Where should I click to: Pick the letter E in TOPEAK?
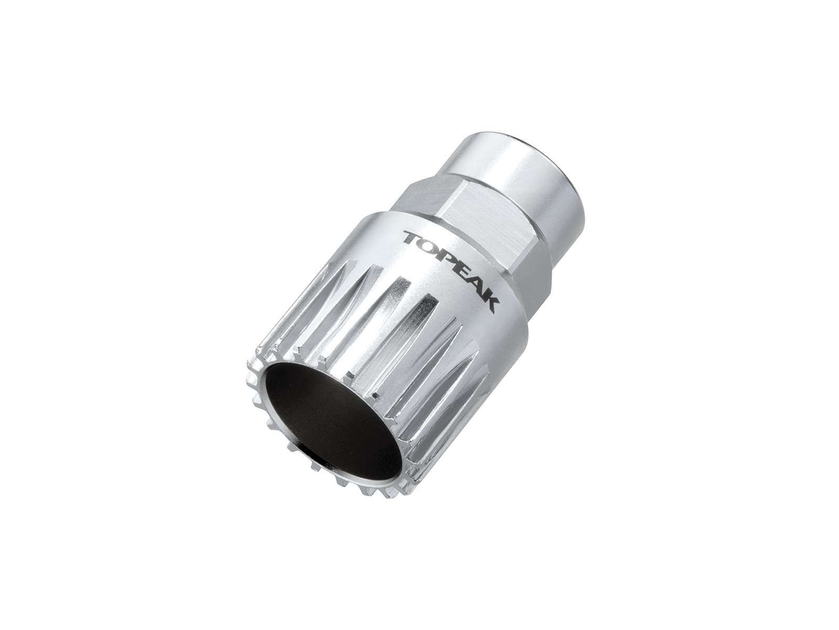(461, 274)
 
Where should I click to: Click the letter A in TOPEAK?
(476, 289)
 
